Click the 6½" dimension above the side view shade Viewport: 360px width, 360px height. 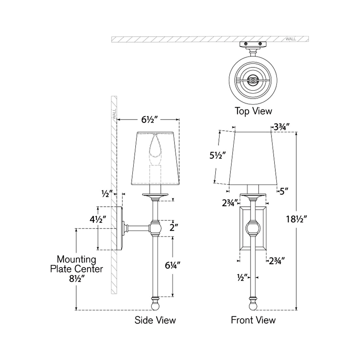pyautogui.click(x=150, y=120)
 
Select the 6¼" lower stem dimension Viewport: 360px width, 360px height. pyautogui.click(x=172, y=266)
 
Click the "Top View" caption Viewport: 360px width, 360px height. pyautogui.click(x=253, y=111)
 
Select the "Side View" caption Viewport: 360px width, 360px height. pyautogui.click(x=155, y=320)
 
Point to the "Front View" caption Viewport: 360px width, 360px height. pyautogui.click(x=253, y=320)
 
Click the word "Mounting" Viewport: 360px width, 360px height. pyautogui.click(x=77, y=260)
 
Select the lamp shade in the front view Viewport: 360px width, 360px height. pyautogui.click(x=253, y=158)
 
